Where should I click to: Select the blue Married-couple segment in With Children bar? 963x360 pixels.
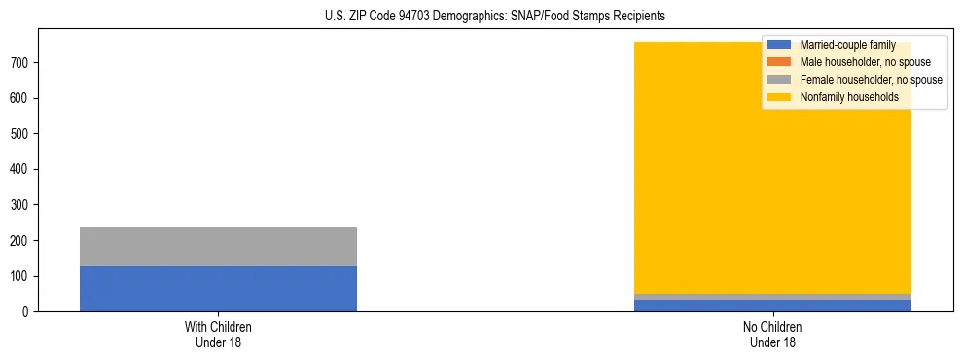tap(218, 288)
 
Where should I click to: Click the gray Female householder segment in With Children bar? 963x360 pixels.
tap(218, 246)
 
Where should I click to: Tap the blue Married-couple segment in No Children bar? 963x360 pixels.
tap(772, 306)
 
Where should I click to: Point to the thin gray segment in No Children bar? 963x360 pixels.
tap(772, 297)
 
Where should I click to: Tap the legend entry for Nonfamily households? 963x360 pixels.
tap(849, 97)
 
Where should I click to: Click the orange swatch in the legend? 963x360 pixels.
tap(780, 62)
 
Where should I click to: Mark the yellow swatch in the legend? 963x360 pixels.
tap(780, 97)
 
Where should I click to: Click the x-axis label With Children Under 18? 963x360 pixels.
tap(218, 335)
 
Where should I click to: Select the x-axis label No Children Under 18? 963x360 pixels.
tap(772, 335)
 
